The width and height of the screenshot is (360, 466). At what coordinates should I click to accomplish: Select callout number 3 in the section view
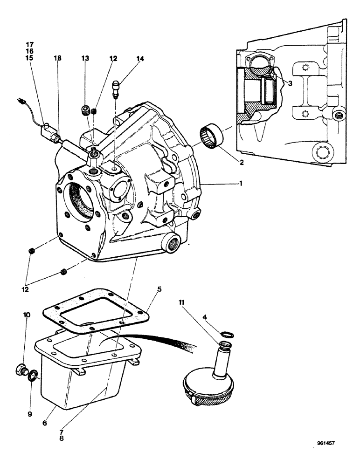coord(290,83)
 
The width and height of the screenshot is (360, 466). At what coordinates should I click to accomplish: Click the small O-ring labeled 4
coord(228,334)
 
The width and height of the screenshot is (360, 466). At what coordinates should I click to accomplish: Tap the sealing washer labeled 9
coord(33,375)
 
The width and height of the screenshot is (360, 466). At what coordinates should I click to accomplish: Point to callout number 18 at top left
coord(57,58)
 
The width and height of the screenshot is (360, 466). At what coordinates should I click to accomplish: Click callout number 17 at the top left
coord(30,44)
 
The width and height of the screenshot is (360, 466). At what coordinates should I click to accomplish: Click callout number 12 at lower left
coord(25,289)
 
